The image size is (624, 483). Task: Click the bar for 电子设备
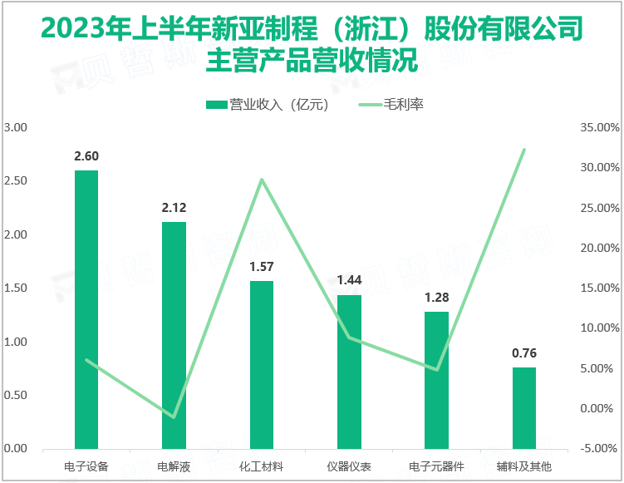coord(86,309)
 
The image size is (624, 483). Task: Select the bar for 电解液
coord(174,335)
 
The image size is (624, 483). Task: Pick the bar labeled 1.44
coord(349,372)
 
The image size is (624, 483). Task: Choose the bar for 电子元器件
coord(436,380)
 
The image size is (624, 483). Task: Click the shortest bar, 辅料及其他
coord(524,407)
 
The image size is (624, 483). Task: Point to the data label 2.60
coord(86,156)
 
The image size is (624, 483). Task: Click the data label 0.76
coord(524,353)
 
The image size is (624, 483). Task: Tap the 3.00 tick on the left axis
coord(16,127)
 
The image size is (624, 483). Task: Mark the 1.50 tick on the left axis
coord(16,288)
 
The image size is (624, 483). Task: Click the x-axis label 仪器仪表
coord(349,467)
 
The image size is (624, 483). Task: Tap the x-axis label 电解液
coord(174,467)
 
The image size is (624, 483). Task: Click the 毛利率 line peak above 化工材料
coord(262,180)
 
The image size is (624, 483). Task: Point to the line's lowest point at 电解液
coord(174,416)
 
